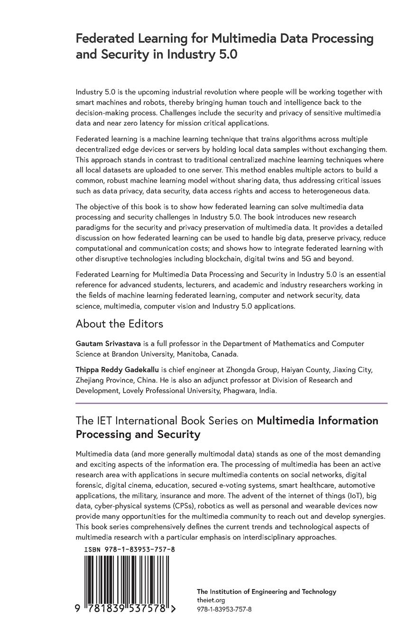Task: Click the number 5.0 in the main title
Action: (225, 54)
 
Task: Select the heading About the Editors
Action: (119, 323)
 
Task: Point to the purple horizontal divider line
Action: (231, 403)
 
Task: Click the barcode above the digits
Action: (127, 579)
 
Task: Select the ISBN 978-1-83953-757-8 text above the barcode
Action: (129, 549)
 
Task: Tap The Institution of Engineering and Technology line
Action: (266, 591)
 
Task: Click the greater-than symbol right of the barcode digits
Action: (173, 609)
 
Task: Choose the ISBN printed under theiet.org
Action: (224, 609)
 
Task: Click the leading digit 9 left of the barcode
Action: (78, 609)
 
